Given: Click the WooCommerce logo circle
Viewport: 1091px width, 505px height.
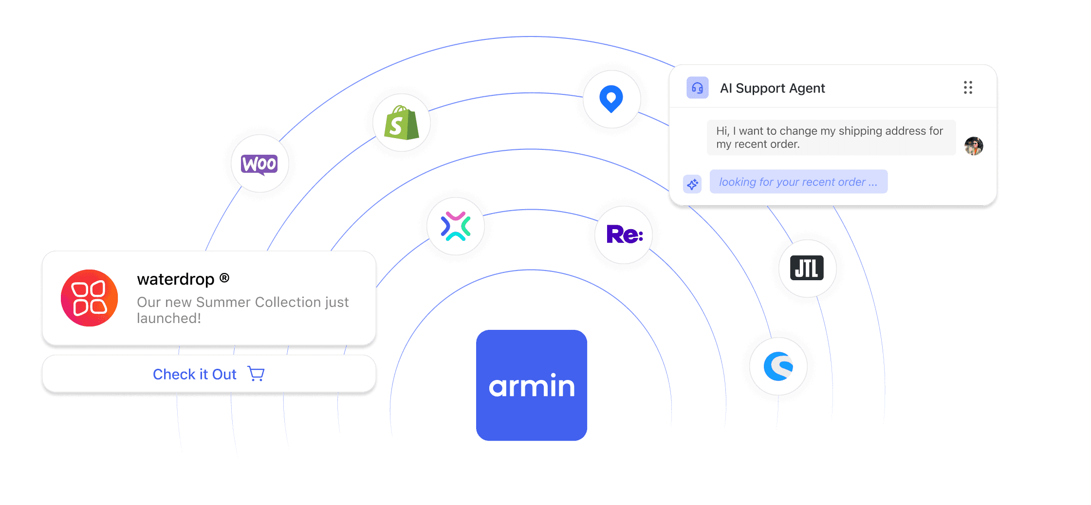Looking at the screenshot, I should (260, 164).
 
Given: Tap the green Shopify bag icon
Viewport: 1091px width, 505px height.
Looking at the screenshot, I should (401, 123).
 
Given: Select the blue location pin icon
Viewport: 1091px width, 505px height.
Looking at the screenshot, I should (611, 99).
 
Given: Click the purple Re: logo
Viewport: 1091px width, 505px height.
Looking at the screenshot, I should (624, 234).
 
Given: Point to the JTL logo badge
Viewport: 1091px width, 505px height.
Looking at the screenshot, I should (807, 268).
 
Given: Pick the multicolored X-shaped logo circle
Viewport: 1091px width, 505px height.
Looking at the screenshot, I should (456, 226).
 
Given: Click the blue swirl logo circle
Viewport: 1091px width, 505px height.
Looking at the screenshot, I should (778, 366).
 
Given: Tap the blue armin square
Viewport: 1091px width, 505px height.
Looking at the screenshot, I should (532, 385).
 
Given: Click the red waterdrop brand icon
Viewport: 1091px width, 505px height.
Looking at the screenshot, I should (90, 298).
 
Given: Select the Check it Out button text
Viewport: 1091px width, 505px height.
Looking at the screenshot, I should (195, 374).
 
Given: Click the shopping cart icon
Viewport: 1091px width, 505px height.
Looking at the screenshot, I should (256, 374).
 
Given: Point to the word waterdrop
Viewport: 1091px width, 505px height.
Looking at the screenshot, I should (175, 279).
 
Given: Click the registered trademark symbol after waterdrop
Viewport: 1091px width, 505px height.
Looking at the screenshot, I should (224, 278).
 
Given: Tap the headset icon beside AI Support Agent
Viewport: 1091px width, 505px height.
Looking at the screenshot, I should (697, 88).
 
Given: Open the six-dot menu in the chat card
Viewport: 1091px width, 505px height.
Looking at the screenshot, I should (968, 88).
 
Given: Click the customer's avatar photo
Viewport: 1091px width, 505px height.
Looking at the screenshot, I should (974, 145).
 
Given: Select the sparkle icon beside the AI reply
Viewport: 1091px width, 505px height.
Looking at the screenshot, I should (692, 184).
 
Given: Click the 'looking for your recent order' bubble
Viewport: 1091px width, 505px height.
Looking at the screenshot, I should (798, 182).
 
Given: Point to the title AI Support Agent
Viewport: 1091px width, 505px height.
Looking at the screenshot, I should (772, 88).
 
